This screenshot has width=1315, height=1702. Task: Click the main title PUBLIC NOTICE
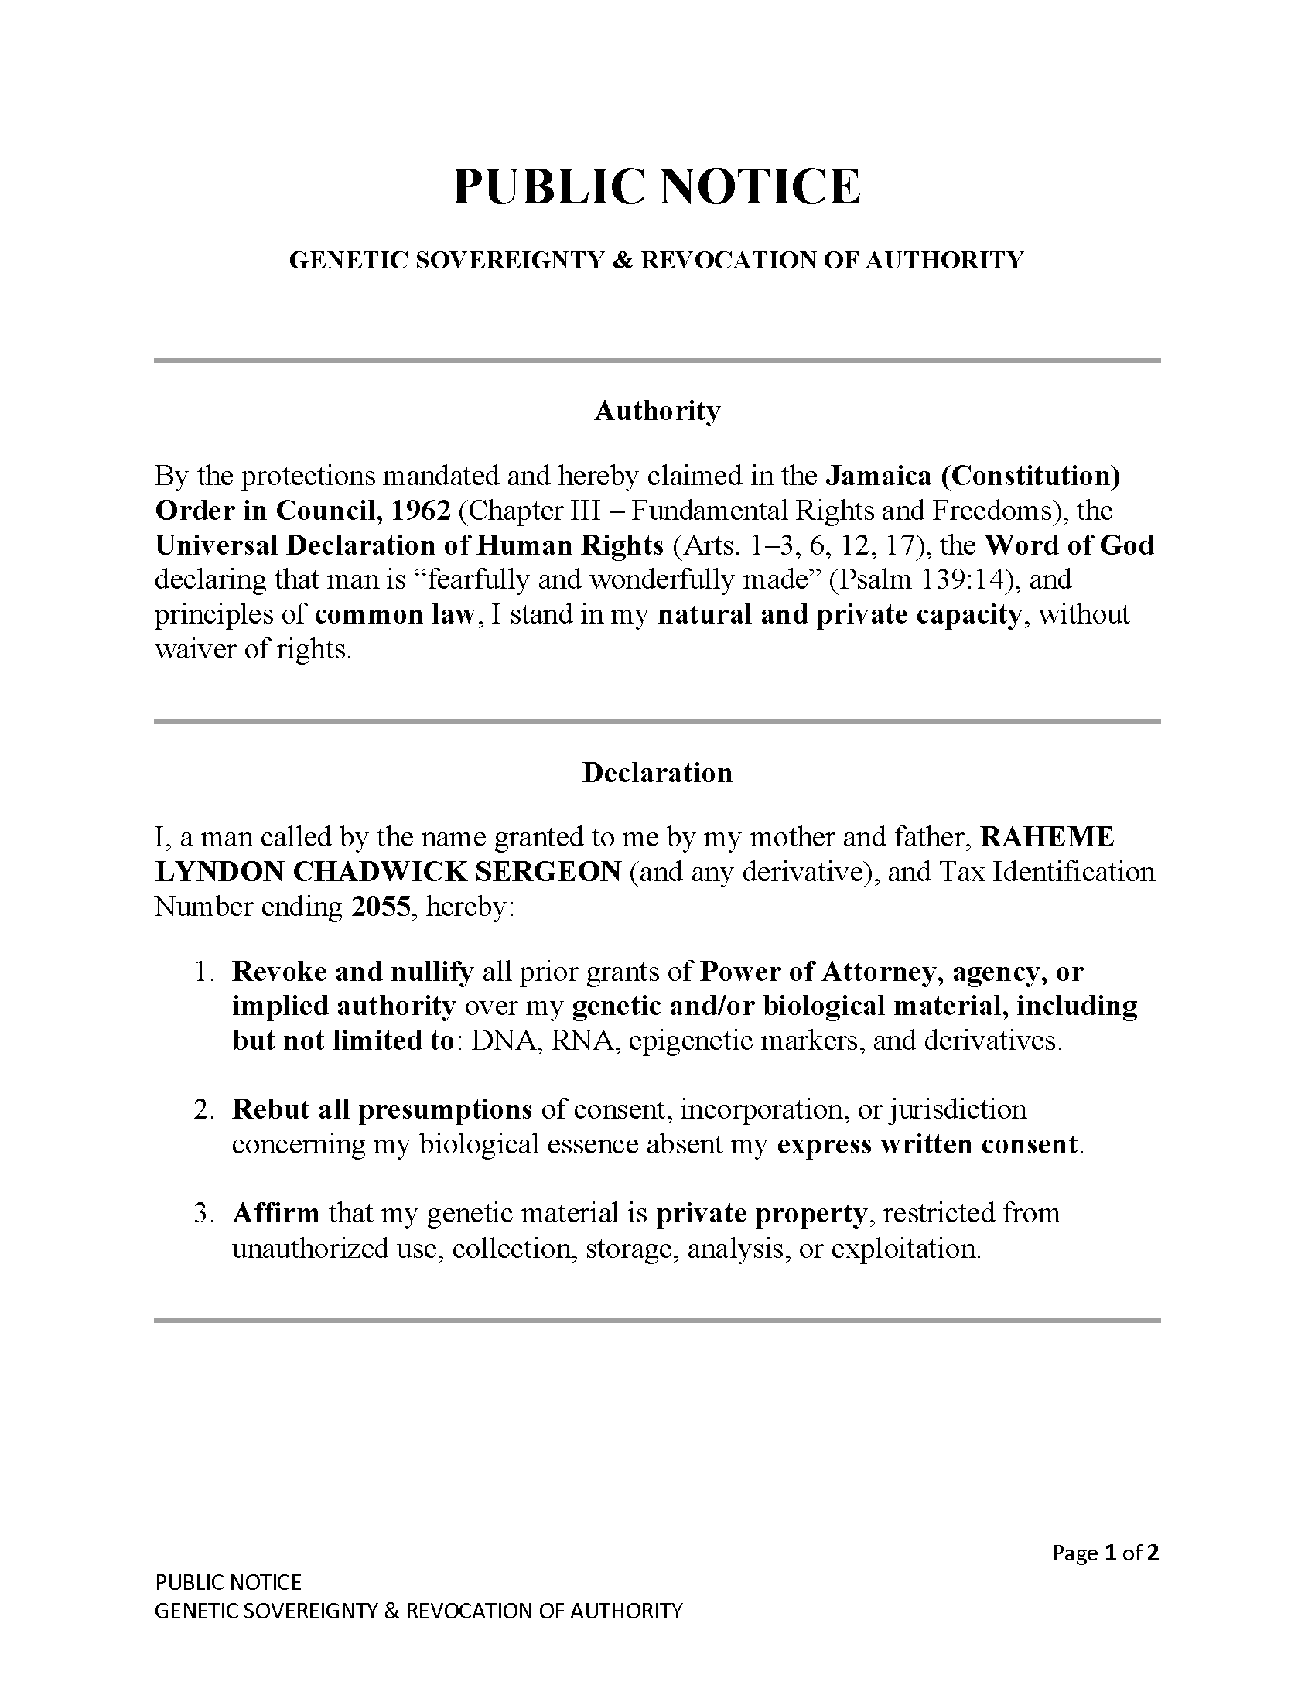click(x=657, y=186)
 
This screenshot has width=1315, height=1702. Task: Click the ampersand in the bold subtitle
click(x=622, y=260)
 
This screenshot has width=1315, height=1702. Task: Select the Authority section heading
click(x=657, y=411)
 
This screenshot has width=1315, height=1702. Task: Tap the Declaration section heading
click(x=657, y=772)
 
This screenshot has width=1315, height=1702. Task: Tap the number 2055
click(x=380, y=907)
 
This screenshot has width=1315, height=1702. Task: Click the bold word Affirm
click(x=276, y=1213)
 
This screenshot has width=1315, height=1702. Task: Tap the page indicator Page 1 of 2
click(x=1105, y=1553)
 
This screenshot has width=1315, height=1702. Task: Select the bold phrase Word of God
click(x=1069, y=545)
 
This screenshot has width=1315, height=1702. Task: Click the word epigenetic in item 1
click(x=688, y=1041)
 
